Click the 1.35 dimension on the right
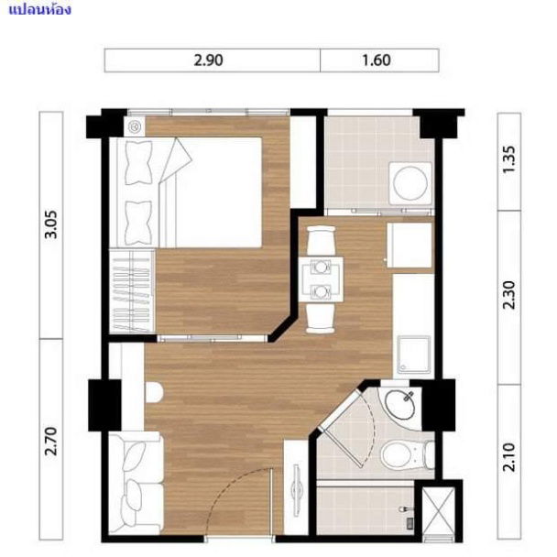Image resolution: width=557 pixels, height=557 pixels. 510,160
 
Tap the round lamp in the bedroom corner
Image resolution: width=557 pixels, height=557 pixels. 135,126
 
